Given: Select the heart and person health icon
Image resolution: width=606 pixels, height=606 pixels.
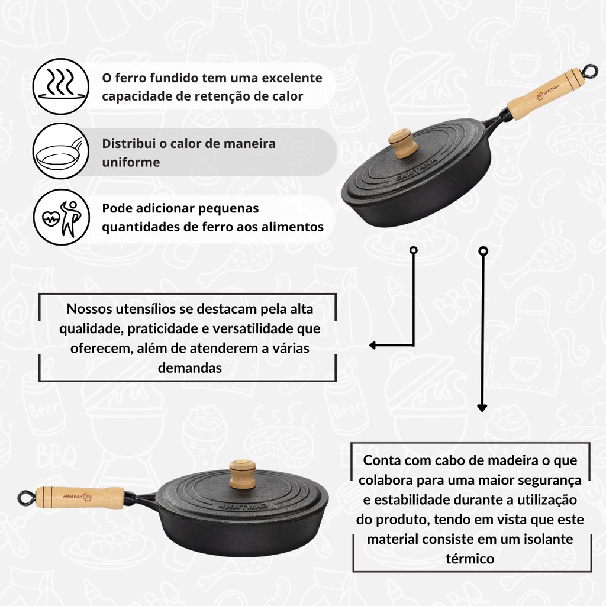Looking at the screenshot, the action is (61, 217).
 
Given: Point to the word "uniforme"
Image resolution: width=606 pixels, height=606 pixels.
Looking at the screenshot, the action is (131, 162).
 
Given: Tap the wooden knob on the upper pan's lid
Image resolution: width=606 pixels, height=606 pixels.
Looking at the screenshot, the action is (402, 143).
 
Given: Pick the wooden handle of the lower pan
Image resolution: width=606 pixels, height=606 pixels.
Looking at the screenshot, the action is (80, 497).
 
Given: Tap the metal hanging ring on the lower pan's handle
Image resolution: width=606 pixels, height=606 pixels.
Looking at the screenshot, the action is (26, 498).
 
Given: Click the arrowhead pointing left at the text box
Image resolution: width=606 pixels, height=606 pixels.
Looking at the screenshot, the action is (373, 345).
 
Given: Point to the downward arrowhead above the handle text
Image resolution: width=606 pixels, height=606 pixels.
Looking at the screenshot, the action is (482, 408).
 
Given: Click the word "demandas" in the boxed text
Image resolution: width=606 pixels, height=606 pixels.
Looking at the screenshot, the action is (190, 368).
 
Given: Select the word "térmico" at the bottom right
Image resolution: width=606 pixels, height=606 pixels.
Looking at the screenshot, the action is (470, 559).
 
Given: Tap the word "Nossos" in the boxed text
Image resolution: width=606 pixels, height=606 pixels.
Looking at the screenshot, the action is (89, 309).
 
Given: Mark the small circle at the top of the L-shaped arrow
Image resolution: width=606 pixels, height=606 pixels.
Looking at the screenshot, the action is (414, 250).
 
